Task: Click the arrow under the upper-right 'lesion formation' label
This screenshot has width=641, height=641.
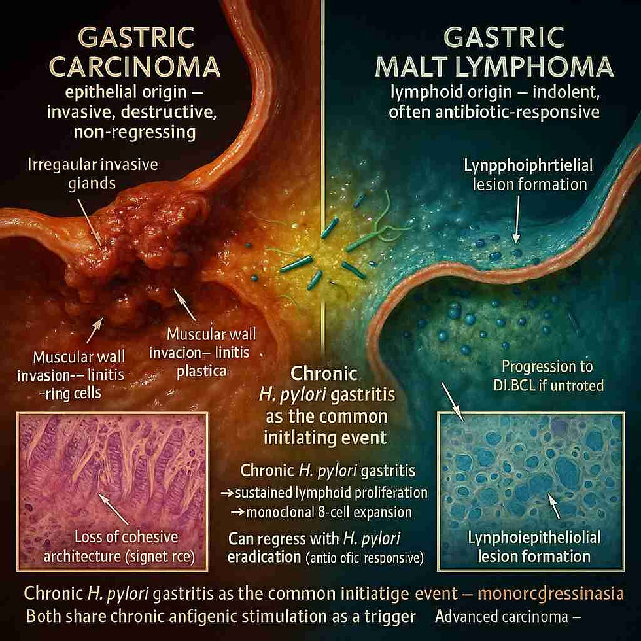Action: coord(515,222)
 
